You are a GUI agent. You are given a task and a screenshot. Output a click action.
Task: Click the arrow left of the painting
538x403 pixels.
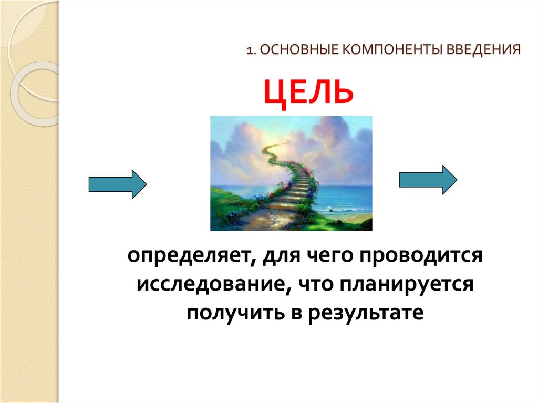tap(117, 184)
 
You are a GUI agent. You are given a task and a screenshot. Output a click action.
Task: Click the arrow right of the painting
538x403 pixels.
tap(428, 180)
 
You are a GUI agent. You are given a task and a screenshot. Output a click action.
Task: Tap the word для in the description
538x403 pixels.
tap(282, 257)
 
